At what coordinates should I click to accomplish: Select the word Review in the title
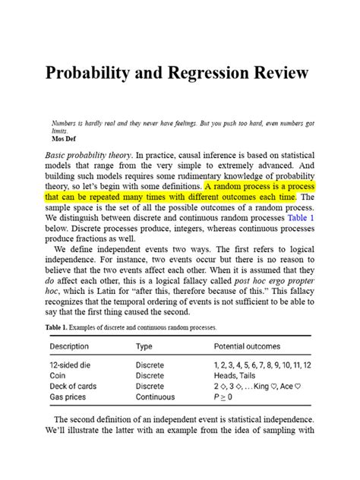(283, 74)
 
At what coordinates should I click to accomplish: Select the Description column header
(69, 346)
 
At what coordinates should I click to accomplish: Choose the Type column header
(144, 346)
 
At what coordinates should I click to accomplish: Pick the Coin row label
(58, 376)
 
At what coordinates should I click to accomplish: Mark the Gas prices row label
(68, 396)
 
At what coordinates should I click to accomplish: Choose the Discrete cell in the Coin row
(150, 376)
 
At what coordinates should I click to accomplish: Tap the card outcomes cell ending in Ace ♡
(258, 386)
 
